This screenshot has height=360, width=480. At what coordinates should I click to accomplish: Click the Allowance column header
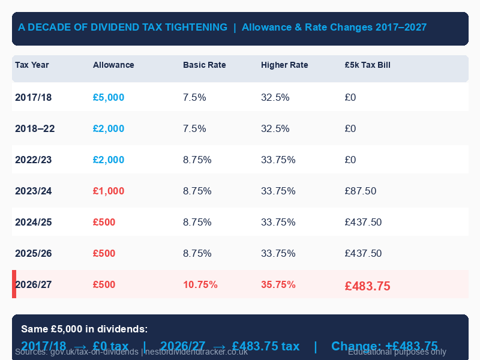[x=113, y=65]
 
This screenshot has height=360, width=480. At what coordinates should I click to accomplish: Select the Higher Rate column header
[x=284, y=65]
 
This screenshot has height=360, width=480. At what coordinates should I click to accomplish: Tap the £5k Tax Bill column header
[x=367, y=65]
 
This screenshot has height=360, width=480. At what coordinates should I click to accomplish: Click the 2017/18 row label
[x=34, y=97]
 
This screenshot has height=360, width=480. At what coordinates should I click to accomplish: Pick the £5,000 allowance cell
[x=109, y=97]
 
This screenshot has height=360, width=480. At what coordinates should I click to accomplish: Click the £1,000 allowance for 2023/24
[x=109, y=191]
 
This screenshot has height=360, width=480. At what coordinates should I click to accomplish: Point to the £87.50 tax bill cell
[x=361, y=191]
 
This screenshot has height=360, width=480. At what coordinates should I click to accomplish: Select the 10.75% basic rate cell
[x=200, y=284]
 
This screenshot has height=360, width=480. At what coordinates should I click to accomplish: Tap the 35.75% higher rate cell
[x=278, y=284]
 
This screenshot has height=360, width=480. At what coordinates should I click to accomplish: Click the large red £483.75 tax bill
[x=367, y=286]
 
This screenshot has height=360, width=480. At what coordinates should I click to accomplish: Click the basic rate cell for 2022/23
[x=197, y=160]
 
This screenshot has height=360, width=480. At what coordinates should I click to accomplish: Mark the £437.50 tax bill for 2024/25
[x=363, y=222]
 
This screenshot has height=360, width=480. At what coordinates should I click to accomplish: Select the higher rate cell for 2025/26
[x=278, y=253]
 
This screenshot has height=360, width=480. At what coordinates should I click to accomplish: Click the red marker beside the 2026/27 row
[x=14, y=284]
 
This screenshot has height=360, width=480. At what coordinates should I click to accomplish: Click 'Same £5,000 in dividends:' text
[x=84, y=329]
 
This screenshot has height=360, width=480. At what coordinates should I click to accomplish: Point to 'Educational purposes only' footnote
[x=397, y=352]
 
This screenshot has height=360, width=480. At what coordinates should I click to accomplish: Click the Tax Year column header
[x=32, y=65]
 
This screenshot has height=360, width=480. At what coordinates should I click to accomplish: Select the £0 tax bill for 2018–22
[x=350, y=128]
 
